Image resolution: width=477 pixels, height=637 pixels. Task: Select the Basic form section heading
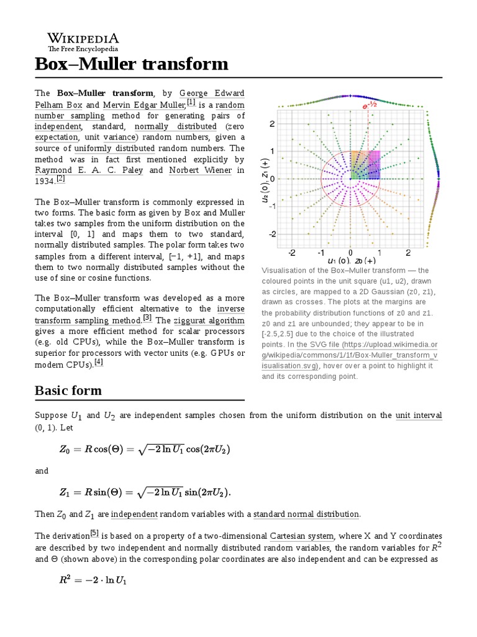[x=68, y=391]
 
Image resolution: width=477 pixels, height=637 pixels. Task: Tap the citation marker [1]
[x=191, y=102]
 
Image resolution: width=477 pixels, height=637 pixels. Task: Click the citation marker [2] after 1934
[x=60, y=179]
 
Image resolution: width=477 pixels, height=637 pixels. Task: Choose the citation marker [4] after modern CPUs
[x=98, y=362]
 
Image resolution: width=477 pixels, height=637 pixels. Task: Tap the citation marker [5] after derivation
[x=94, y=532]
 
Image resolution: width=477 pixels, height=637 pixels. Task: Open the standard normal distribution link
[x=306, y=514]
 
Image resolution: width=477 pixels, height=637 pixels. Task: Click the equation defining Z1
[x=145, y=493]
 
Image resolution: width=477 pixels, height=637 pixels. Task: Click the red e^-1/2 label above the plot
[x=370, y=106]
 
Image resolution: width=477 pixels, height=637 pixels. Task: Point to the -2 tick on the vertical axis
[x=271, y=235]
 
